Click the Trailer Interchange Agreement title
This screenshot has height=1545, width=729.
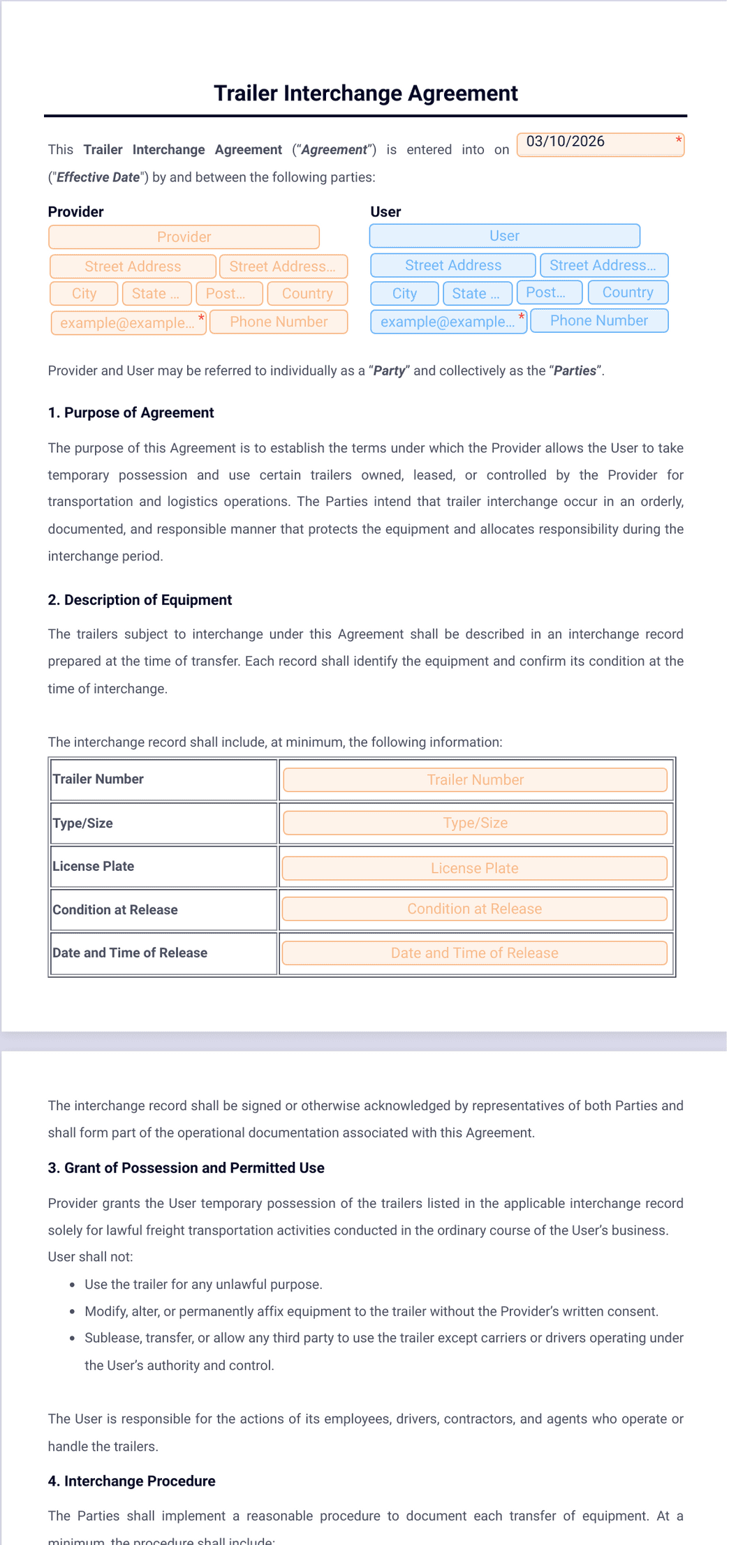(365, 94)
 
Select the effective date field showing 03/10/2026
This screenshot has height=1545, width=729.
(599, 144)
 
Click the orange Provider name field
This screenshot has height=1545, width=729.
(184, 237)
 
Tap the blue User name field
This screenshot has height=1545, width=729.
(504, 236)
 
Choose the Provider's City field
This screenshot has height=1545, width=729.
(84, 294)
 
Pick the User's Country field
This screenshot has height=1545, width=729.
(627, 292)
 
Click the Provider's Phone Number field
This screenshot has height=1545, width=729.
(279, 322)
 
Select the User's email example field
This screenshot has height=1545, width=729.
(448, 322)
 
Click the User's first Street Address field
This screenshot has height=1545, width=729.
(452, 265)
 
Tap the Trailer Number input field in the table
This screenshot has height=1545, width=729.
(475, 780)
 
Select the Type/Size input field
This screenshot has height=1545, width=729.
(475, 823)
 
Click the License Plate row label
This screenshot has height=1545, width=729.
(94, 867)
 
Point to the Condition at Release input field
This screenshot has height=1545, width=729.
(474, 909)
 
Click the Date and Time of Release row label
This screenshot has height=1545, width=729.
(130, 953)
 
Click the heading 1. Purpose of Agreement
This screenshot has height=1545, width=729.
(131, 413)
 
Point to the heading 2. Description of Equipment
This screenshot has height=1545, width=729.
(140, 600)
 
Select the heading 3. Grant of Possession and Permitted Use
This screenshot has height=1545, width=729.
(186, 1168)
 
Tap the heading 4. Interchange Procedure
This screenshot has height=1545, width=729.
(131, 1481)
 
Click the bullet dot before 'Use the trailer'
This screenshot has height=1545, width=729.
(72, 1285)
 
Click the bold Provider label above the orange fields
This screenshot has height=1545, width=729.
(75, 212)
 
